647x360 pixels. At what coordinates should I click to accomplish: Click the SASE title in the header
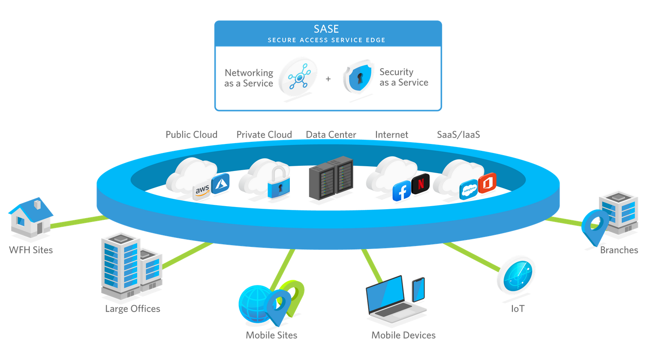pos(326,29)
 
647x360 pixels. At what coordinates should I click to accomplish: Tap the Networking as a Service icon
pos(298,78)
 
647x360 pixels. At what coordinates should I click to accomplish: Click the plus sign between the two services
pos(328,79)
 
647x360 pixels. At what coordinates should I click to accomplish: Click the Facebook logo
pos(401,191)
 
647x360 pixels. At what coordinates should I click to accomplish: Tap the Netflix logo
pos(421,183)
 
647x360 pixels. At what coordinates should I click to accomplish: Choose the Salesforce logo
pos(469,189)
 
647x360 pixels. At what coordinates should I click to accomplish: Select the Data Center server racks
pos(331,178)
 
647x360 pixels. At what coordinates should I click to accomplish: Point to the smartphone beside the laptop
pos(418,290)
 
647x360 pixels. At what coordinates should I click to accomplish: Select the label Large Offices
pos(132,309)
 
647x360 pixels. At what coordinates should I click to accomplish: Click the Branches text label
pos(619,250)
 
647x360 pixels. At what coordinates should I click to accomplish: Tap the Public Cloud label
pos(191,135)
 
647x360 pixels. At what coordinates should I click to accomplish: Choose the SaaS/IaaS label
pos(458,135)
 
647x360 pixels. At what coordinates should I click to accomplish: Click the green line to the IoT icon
pos(472,257)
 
